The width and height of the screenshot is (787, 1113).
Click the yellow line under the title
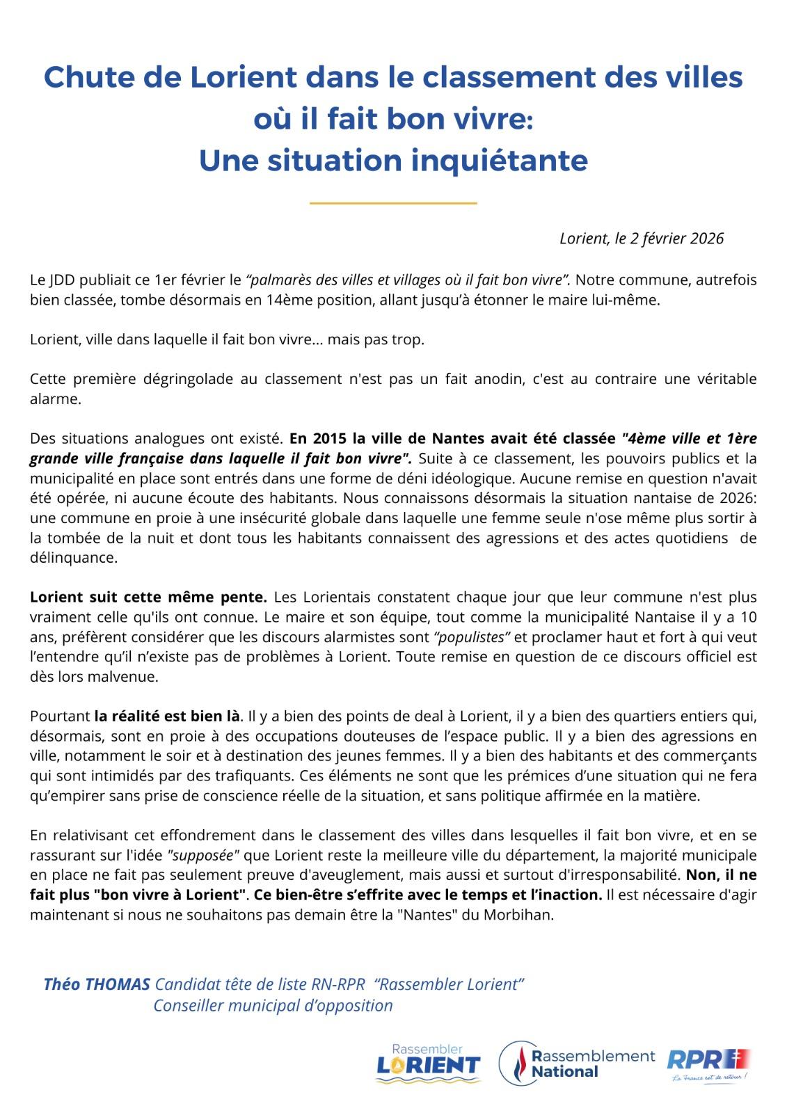pyautogui.click(x=393, y=203)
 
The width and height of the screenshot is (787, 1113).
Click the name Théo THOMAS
pyautogui.click(x=97, y=984)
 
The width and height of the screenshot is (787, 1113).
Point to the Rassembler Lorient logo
pyautogui.click(x=427, y=1063)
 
